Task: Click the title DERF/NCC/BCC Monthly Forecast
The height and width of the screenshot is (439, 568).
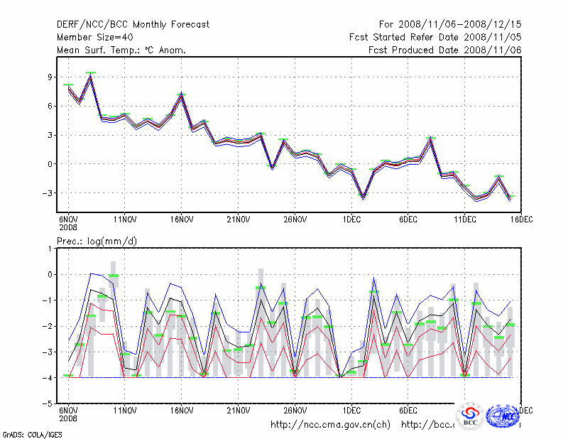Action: click(x=133, y=25)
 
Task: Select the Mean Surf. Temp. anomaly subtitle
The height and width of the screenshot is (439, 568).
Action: click(x=121, y=50)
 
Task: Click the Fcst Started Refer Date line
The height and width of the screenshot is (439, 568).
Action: click(x=435, y=38)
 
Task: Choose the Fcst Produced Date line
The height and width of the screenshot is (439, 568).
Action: click(x=444, y=50)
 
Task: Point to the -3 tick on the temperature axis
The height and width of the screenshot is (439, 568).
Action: click(x=48, y=193)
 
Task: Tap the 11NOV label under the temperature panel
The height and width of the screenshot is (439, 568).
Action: click(x=125, y=220)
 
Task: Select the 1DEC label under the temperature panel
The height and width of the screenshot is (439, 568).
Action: click(x=352, y=220)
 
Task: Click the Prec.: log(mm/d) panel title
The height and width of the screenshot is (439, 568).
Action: click(x=97, y=242)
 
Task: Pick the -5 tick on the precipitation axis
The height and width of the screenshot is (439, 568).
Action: click(x=48, y=403)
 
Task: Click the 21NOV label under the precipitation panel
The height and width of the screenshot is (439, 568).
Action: click(x=239, y=411)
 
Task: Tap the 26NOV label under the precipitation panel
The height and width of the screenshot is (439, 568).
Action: click(x=295, y=411)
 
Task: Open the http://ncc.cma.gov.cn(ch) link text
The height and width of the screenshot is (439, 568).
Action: click(x=330, y=425)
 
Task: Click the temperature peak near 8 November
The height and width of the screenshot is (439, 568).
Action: click(x=91, y=74)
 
